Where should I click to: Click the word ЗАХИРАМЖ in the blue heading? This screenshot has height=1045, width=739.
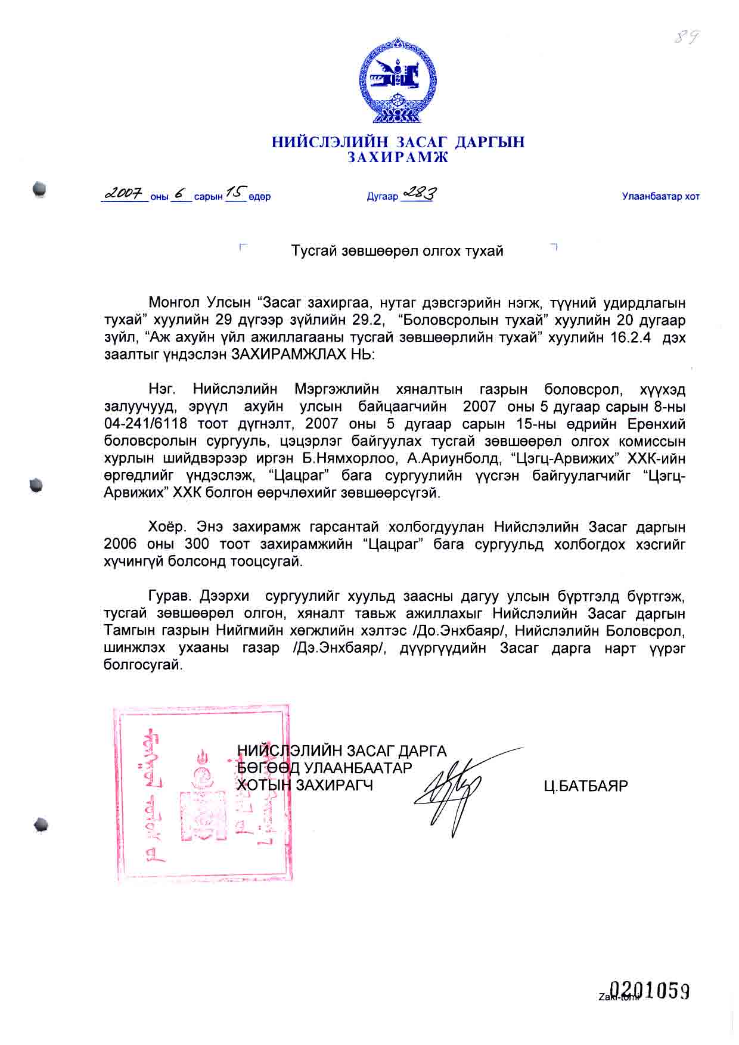(x=398, y=157)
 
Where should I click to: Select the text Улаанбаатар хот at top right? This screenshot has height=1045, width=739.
(x=660, y=196)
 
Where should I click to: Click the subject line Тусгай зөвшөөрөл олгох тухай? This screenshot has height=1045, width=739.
(x=397, y=251)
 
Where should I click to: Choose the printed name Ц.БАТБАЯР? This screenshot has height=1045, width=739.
(x=585, y=786)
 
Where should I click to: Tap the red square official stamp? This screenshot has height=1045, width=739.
(x=201, y=793)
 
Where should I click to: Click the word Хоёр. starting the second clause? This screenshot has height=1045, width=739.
(x=168, y=528)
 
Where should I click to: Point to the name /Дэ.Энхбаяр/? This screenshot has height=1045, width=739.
(x=337, y=648)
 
